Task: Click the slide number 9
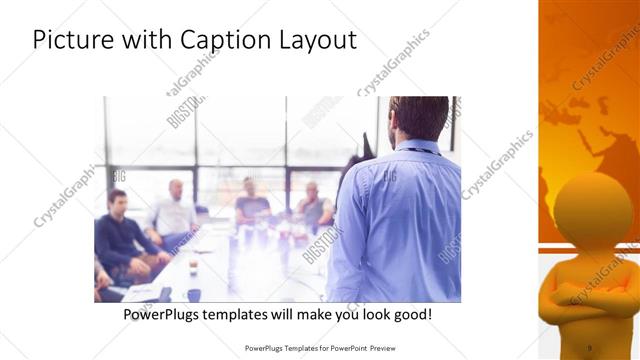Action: click(589, 348)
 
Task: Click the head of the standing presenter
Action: click(419, 118)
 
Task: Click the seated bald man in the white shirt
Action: click(174, 210)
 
